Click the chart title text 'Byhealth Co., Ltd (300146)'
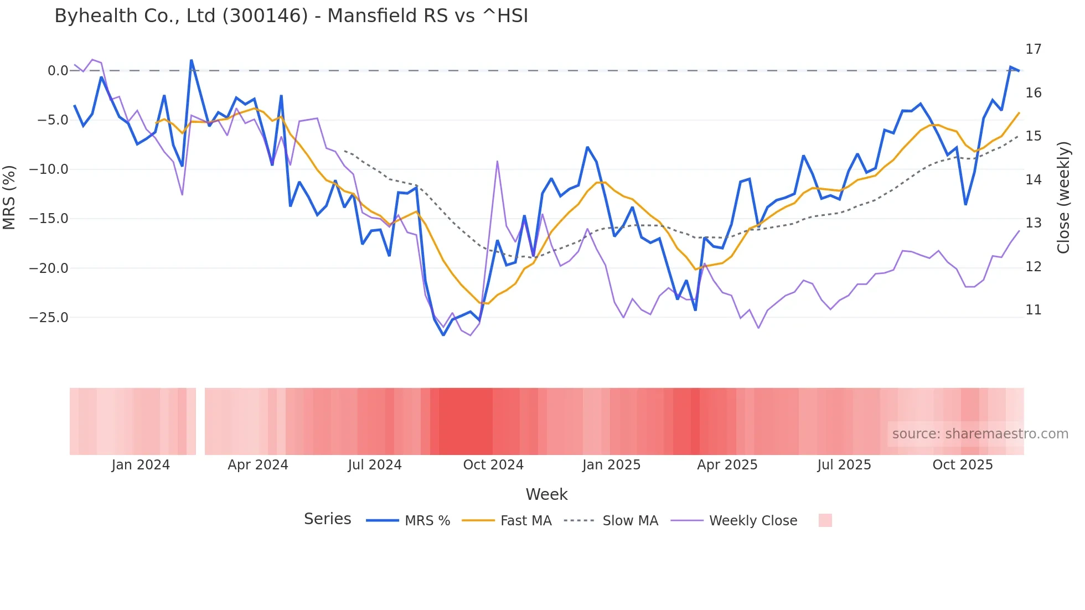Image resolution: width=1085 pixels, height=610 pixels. point(181,16)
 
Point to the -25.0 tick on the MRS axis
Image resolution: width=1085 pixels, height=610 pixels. point(49,318)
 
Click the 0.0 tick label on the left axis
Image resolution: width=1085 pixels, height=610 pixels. point(58,71)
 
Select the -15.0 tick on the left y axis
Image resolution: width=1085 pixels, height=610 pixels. point(49,219)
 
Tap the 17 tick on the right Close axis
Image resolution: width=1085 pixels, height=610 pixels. point(1033,49)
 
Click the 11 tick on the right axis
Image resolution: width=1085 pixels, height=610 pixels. point(1033,310)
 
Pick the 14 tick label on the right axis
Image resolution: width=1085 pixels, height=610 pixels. point(1033,179)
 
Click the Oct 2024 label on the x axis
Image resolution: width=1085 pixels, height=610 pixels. point(493,465)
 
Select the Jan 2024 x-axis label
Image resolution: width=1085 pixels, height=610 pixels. point(141,465)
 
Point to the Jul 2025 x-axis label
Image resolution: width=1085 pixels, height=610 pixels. point(844,465)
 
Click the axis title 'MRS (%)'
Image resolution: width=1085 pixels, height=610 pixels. point(9,197)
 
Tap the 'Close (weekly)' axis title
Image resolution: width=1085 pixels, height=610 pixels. point(1063,198)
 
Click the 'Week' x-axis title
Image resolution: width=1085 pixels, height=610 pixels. point(546,494)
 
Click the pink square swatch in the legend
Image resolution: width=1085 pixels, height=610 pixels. point(825,520)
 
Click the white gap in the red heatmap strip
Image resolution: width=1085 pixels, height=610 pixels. point(200,421)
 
